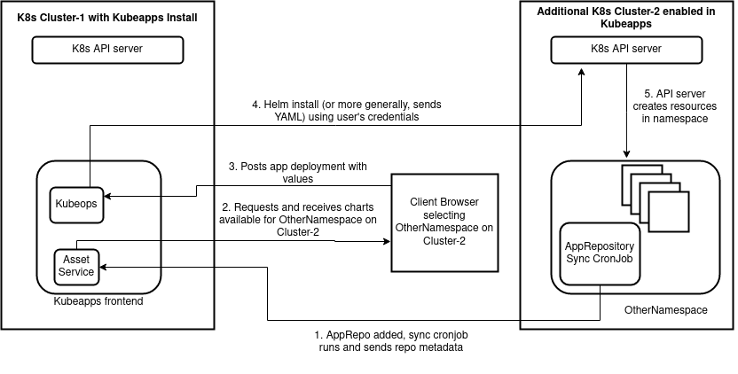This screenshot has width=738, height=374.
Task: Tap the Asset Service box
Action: coord(76,266)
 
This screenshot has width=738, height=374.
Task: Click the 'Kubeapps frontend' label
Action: coord(98,301)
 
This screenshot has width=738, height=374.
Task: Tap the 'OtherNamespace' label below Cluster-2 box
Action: coord(665,310)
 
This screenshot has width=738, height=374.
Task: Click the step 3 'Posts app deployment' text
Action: coord(297,172)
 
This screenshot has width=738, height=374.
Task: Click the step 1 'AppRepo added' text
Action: coord(390,341)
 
